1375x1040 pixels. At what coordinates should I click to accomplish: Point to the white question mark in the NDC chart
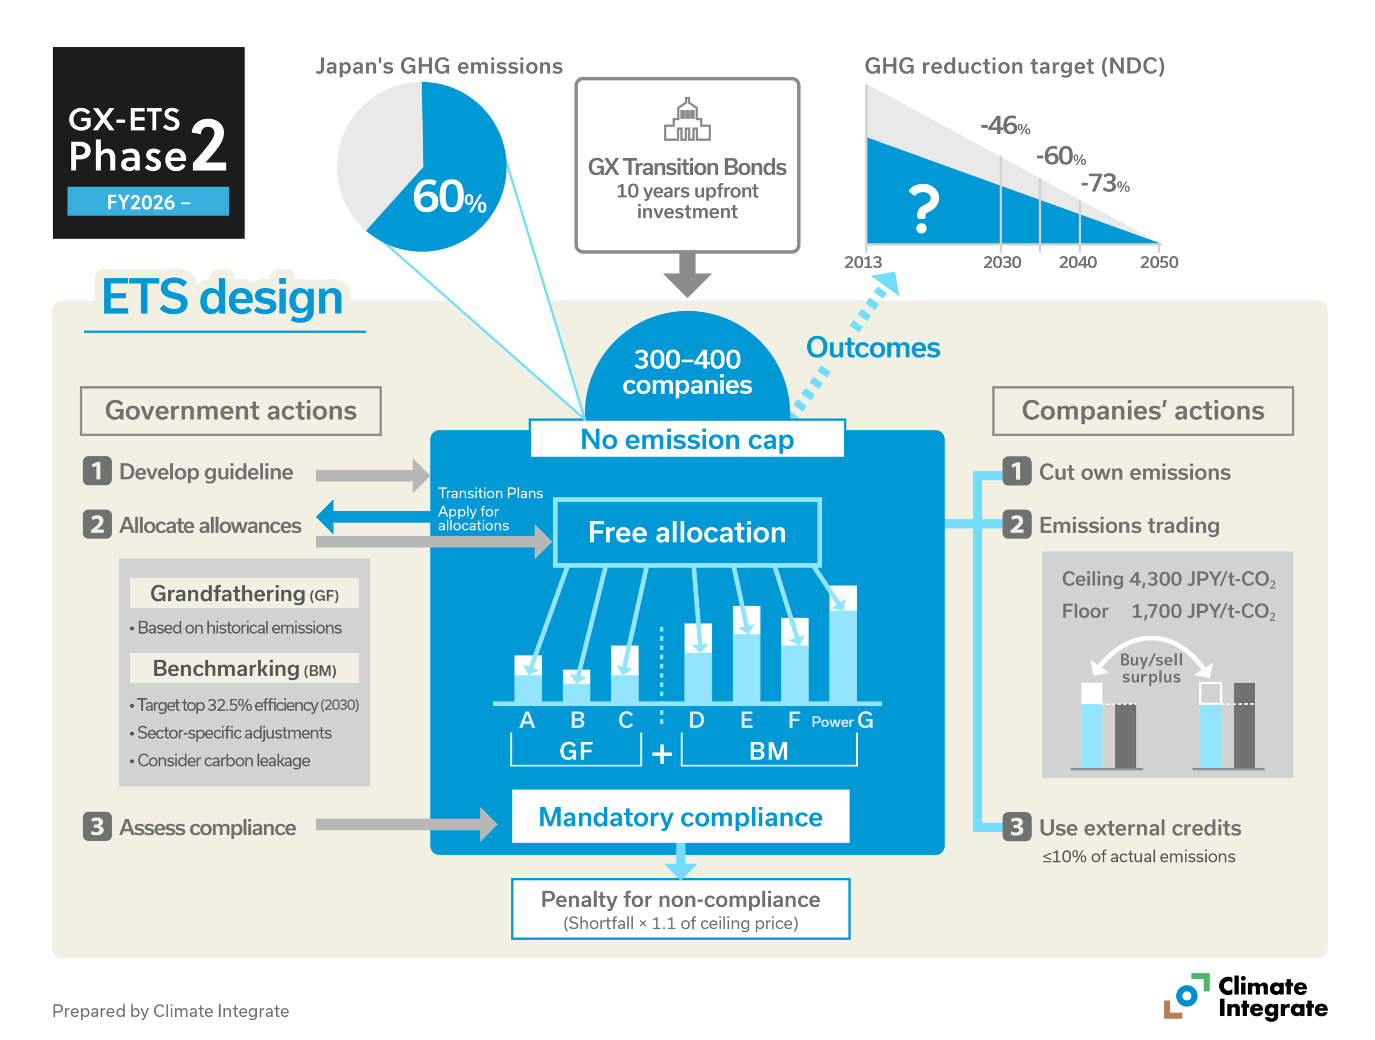point(924,209)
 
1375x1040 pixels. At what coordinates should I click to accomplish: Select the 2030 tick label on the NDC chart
point(1001,262)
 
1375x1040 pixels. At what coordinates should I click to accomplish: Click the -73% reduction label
point(1105,183)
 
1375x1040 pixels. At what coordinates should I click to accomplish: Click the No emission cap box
point(687,439)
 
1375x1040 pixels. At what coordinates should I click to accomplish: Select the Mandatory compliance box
point(680,817)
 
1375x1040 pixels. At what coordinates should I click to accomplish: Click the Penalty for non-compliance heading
point(680,899)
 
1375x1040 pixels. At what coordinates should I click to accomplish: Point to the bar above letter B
point(576,686)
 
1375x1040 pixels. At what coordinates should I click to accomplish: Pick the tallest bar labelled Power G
point(843,644)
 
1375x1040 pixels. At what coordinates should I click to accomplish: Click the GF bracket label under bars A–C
point(576,751)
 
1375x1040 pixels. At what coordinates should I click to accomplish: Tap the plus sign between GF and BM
point(662,754)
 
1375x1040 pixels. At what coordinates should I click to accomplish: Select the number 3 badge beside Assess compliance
point(97,827)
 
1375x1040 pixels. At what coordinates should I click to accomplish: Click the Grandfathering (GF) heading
point(244,594)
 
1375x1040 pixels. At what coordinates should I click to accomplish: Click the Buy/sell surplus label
point(1151,668)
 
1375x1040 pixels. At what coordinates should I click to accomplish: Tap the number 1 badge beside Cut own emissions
point(1016,471)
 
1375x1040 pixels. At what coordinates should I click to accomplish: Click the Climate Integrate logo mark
point(1186,995)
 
